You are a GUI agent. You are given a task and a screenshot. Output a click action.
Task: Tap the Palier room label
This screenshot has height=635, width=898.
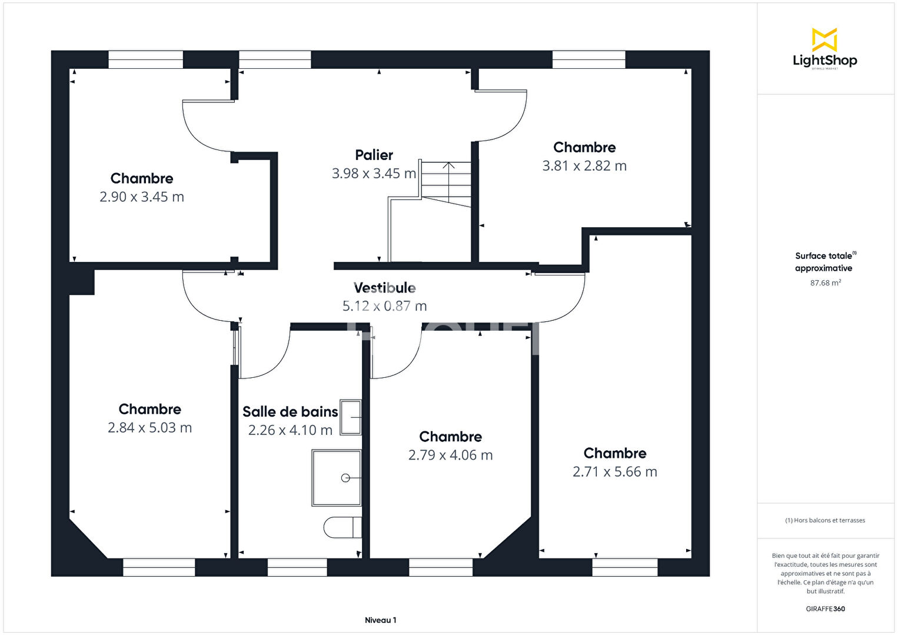pos(374,155)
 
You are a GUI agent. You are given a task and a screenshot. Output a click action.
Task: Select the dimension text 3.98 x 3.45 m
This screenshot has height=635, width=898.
pos(374,174)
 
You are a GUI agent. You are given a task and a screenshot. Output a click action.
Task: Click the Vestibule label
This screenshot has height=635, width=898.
pos(384,288)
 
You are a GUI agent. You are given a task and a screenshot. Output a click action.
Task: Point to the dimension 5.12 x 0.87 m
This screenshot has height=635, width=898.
pos(384,306)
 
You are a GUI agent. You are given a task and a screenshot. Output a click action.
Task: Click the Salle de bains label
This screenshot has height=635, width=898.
pos(290,412)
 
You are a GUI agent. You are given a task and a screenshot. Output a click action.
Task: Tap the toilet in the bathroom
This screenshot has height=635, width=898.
pos(342,527)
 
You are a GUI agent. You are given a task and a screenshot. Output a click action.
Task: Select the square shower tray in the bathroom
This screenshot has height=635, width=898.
pos(337,478)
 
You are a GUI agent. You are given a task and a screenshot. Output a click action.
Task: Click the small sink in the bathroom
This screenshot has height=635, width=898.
pos(351,417)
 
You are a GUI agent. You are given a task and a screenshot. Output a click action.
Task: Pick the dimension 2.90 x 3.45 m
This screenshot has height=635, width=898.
pos(142,197)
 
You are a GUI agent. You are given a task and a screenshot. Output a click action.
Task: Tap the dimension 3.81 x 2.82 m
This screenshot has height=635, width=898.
pos(584,166)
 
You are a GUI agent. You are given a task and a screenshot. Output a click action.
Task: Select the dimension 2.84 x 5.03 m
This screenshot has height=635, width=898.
pos(149,428)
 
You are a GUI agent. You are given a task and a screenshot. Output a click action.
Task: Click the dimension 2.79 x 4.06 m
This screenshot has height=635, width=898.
pos(450,455)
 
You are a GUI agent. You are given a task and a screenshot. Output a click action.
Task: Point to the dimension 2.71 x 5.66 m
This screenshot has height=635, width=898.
pos(614,472)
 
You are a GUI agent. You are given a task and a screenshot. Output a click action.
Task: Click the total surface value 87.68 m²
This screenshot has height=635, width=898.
pos(825,283)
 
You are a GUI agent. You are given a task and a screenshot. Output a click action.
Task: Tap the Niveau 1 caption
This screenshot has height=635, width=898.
pos(380,620)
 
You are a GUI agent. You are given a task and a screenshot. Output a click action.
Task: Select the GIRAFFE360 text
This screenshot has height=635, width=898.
pos(825,609)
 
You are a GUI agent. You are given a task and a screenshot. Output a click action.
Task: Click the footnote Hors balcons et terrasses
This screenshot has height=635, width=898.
pos(825,520)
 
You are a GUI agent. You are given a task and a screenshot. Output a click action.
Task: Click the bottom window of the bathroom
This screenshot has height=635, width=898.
pos(297,567)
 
